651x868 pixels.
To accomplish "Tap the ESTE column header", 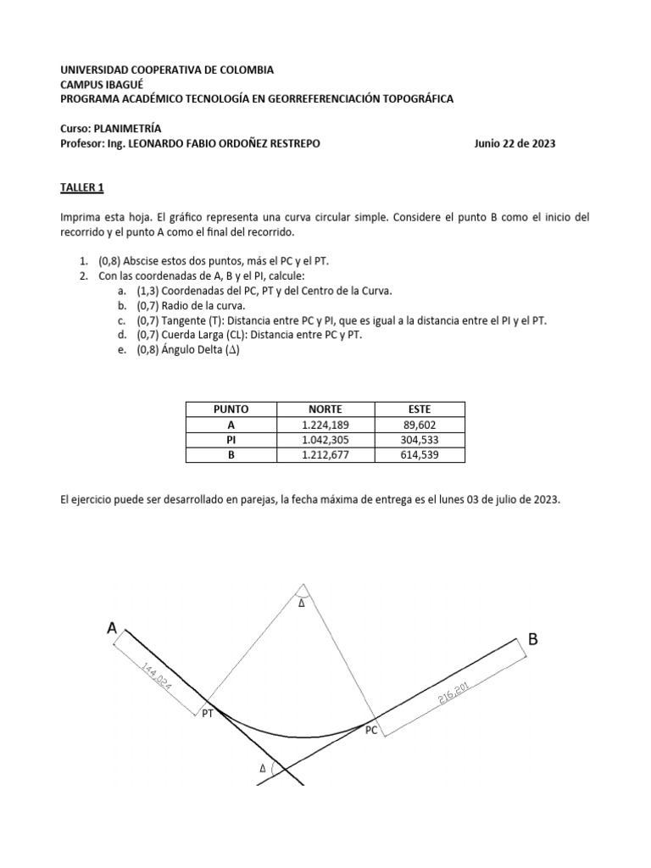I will pyautogui.click(x=420, y=409).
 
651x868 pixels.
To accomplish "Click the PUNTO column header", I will pyautogui.click(x=231, y=409).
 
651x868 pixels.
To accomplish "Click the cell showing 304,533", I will pyautogui.click(x=420, y=440).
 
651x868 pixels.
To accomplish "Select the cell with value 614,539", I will pyautogui.click(x=420, y=455).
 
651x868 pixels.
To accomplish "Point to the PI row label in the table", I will pyautogui.click(x=231, y=440).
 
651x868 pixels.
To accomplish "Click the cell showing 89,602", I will pyautogui.click(x=420, y=425).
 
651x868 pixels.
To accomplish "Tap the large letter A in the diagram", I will pyautogui.click(x=112, y=628).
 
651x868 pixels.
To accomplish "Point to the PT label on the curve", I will pyautogui.click(x=208, y=715).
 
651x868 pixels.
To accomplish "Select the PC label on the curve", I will pyautogui.click(x=371, y=729).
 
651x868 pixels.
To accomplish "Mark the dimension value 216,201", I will pyautogui.click(x=453, y=693).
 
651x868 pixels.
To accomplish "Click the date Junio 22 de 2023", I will pyautogui.click(x=515, y=144).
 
